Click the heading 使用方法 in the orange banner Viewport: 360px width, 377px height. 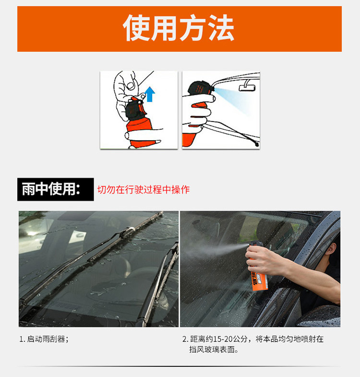point(179,28)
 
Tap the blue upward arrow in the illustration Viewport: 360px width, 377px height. point(150,94)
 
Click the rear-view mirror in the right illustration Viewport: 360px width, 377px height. point(247,86)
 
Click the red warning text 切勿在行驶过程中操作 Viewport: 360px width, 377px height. point(144,190)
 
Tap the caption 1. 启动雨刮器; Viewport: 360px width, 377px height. point(44,339)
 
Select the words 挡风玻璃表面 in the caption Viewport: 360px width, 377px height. point(212,349)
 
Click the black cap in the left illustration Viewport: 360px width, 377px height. point(135,110)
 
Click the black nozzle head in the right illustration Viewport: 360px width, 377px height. point(201,88)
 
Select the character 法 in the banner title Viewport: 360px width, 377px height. point(221,28)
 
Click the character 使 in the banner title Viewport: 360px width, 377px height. point(136,28)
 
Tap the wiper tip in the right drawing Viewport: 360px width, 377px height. point(257,144)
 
